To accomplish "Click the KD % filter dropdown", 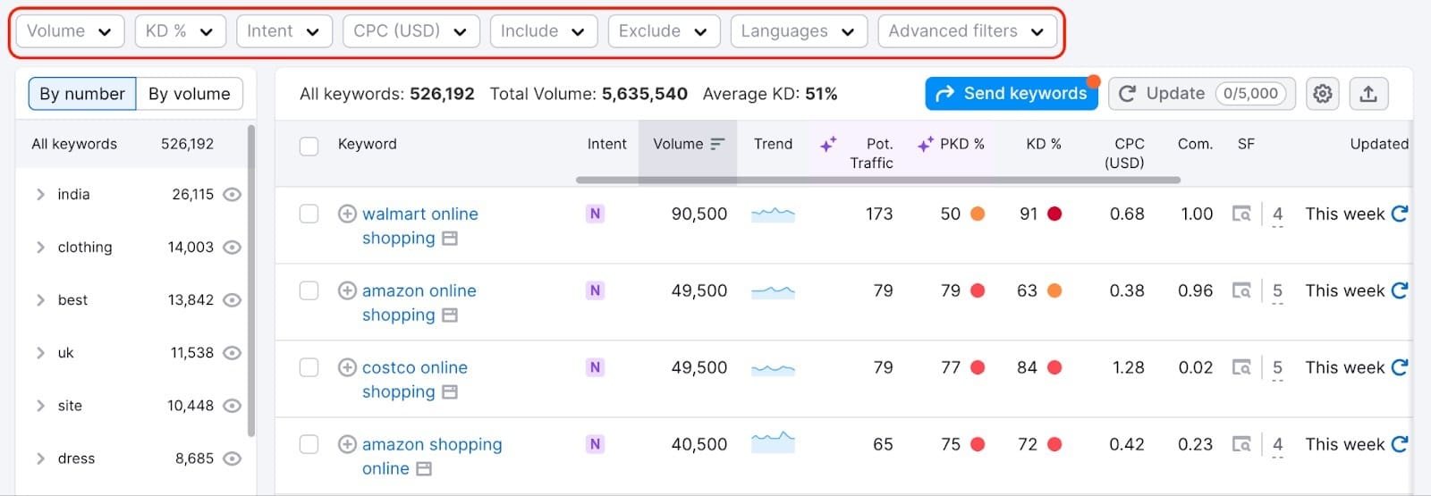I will tap(180, 31).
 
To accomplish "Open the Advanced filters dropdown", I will tap(967, 31).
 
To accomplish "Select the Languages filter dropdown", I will tap(798, 31).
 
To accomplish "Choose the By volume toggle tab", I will tap(189, 94).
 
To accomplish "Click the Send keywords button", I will tap(1012, 94).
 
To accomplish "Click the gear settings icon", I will tap(1322, 94).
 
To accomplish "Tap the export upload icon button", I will tap(1367, 94).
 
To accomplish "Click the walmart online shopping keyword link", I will tap(419, 214).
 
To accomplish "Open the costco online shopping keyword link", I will tap(414, 368).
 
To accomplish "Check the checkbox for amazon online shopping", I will tap(309, 290).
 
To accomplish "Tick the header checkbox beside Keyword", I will tap(309, 146).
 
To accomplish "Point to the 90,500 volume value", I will tap(699, 214).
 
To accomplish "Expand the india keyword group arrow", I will tap(40, 195).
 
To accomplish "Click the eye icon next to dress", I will tap(232, 458).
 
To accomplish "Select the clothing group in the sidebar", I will tap(85, 248).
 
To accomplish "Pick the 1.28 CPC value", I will tap(1128, 368).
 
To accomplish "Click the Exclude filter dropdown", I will tap(663, 31).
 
